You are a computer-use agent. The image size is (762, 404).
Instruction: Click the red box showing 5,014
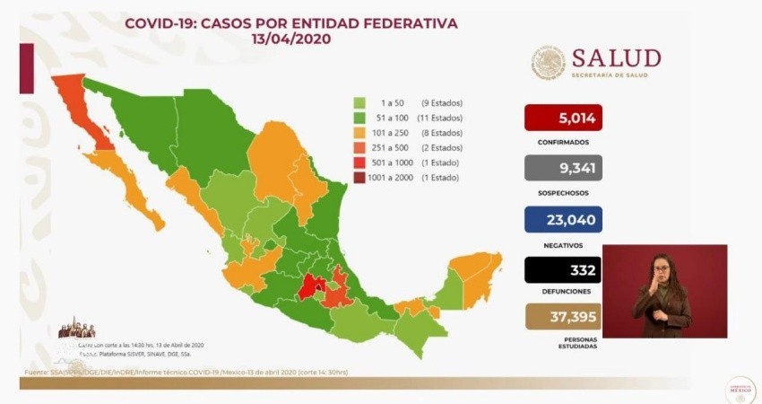[x=563, y=118]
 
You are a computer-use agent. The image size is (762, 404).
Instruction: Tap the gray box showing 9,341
[x=563, y=168]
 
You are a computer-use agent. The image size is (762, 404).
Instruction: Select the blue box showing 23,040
[x=563, y=219]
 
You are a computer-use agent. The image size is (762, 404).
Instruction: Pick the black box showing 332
[x=563, y=269]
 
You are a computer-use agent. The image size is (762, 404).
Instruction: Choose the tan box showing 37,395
[x=563, y=318]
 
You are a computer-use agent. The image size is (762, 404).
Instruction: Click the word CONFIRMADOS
[x=563, y=142]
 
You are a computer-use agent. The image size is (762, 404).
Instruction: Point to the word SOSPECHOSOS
[x=563, y=192]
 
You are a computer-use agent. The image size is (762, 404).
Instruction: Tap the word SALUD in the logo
[x=616, y=58]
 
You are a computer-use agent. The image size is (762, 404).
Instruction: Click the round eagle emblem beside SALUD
[x=549, y=63]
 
